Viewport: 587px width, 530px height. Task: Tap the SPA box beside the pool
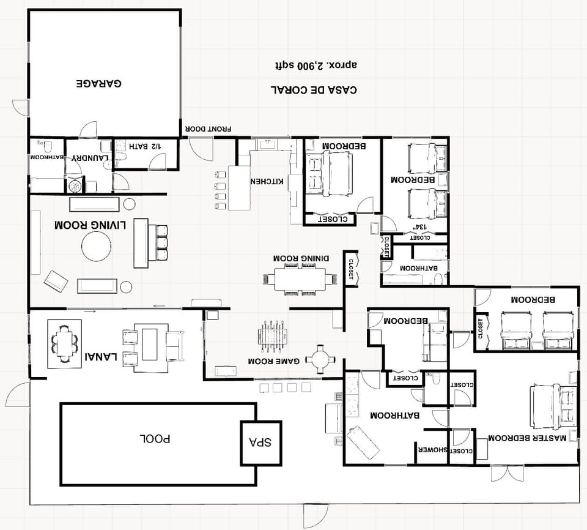coord(261,442)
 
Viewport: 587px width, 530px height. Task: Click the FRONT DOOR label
coord(209,129)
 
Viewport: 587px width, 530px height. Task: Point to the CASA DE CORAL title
coord(314,89)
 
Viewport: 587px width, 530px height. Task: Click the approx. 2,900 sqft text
coord(315,64)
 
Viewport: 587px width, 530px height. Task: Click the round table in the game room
coord(320,359)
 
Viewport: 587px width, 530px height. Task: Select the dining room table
coord(300,279)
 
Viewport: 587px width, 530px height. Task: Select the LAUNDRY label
coord(90,158)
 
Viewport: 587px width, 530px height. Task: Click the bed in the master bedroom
coord(553,405)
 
